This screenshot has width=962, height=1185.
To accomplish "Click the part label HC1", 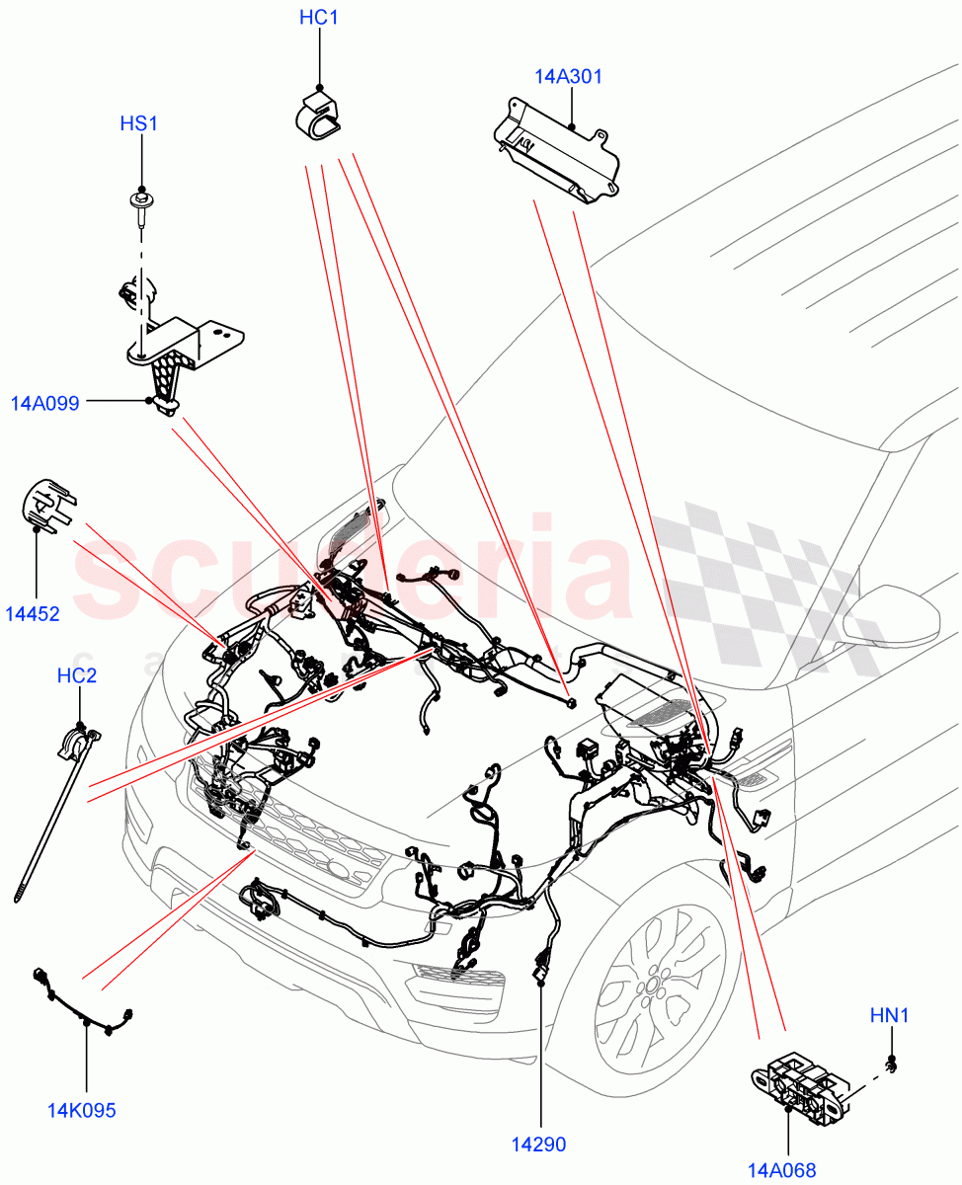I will (x=319, y=18).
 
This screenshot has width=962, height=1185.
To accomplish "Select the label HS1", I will (x=139, y=123).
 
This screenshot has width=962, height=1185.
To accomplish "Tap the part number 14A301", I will (x=569, y=77).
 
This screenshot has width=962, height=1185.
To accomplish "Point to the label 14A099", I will (x=45, y=403).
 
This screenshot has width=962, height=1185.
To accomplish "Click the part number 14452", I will (x=33, y=614).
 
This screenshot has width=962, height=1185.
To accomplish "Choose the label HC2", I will (x=77, y=676).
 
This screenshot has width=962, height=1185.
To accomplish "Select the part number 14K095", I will (x=81, y=1110).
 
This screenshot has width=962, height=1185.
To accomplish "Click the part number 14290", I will (x=538, y=1145).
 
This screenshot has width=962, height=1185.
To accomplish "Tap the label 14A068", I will (x=782, y=1170).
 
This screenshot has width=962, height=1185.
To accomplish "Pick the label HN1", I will (x=890, y=1013).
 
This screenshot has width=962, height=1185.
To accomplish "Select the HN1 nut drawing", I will (x=892, y=1065).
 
